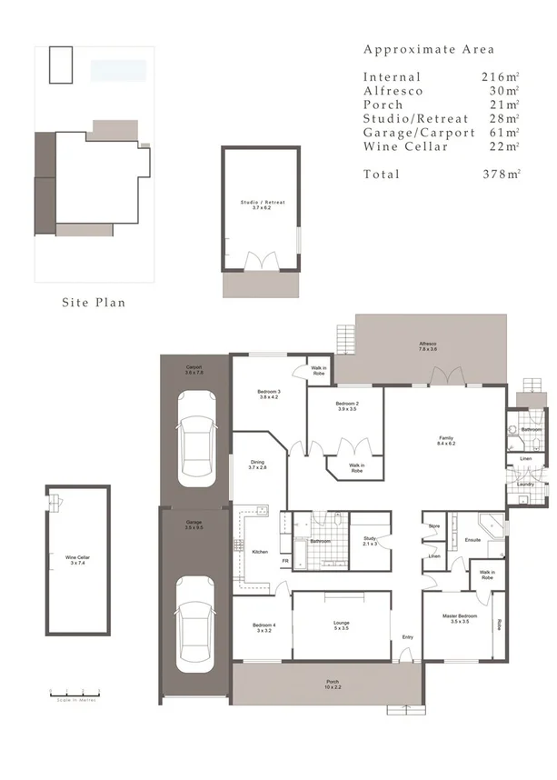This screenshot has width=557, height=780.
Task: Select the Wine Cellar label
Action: point(77,559)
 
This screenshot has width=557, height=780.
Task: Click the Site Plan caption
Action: point(94,302)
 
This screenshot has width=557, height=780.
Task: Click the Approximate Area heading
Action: point(429,49)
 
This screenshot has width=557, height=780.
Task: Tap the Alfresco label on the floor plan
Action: point(428,346)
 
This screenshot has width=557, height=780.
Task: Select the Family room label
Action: point(444,440)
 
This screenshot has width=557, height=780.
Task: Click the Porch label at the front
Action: point(333,684)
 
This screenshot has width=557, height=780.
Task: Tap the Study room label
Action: point(370,542)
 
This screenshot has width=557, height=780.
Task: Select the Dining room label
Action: point(257,465)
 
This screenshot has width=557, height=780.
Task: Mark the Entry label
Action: point(407,636)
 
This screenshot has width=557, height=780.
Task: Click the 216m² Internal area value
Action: point(501,77)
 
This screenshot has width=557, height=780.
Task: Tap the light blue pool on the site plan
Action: point(119,69)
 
